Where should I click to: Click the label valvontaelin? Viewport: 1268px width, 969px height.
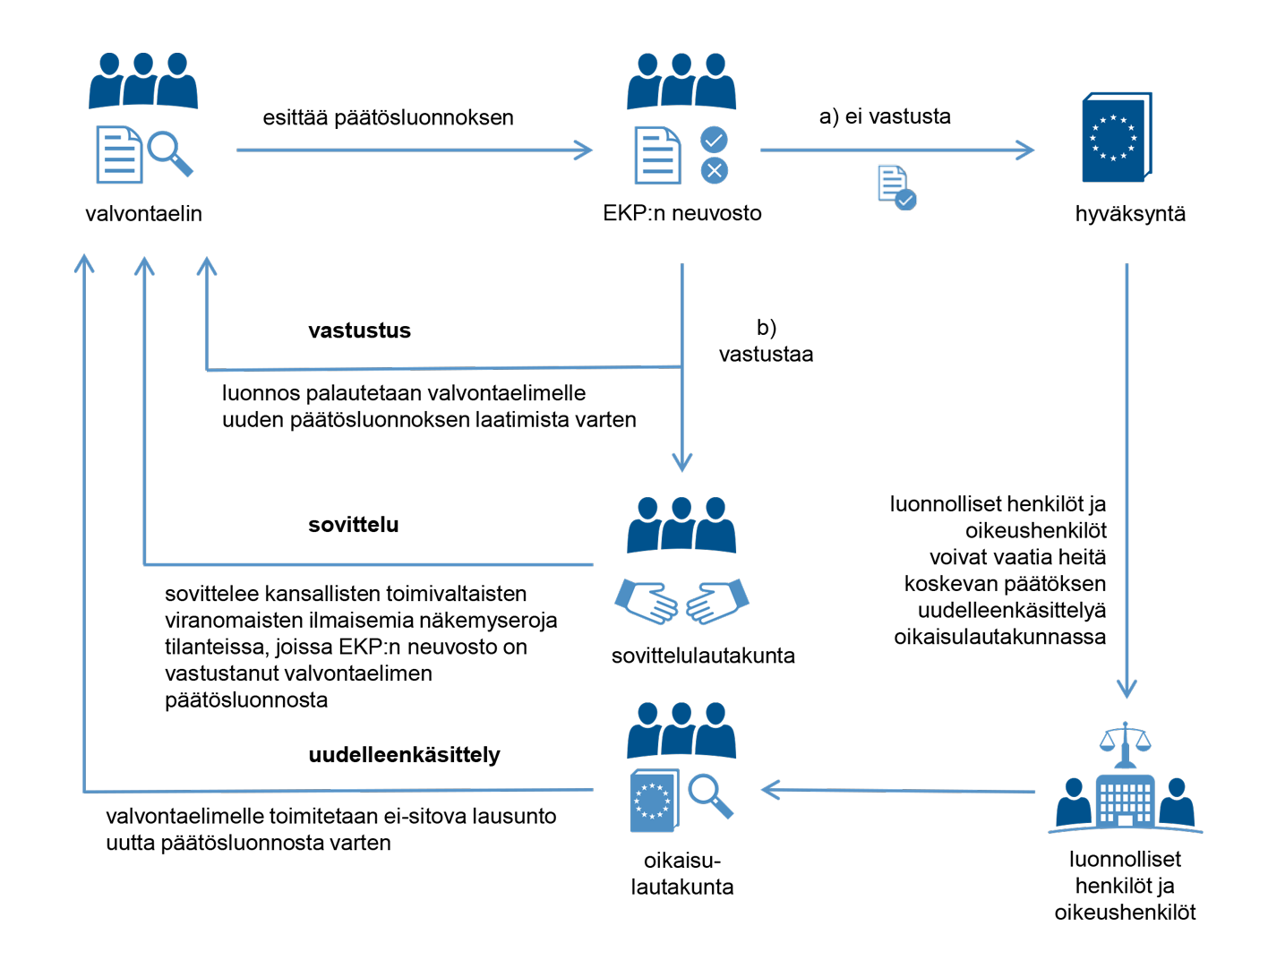click(x=143, y=214)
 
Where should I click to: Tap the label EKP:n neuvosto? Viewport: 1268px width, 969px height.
click(x=681, y=213)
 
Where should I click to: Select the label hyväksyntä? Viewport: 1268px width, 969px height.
click(x=1130, y=214)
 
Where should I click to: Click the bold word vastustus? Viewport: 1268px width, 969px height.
click(x=359, y=330)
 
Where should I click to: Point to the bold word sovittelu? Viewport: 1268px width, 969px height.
click(x=353, y=525)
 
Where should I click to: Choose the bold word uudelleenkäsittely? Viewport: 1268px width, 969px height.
click(x=404, y=755)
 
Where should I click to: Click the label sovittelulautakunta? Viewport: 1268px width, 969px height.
click(x=703, y=656)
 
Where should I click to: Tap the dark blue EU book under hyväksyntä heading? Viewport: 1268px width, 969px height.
click(x=1116, y=138)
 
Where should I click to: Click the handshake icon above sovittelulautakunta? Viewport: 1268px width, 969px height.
click(x=681, y=601)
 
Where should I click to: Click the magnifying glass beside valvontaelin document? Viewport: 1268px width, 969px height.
click(x=169, y=152)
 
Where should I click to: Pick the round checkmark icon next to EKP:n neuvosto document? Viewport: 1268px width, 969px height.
click(x=714, y=140)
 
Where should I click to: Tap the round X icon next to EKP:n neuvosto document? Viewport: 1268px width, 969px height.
click(x=714, y=170)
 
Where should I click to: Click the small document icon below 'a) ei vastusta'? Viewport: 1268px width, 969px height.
click(x=895, y=187)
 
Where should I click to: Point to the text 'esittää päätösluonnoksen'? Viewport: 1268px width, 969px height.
click(x=388, y=118)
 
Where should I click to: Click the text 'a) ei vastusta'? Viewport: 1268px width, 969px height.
click(x=885, y=116)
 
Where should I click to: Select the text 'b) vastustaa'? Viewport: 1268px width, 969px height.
click(x=766, y=341)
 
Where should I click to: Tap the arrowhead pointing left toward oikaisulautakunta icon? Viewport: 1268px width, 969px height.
click(x=770, y=790)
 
